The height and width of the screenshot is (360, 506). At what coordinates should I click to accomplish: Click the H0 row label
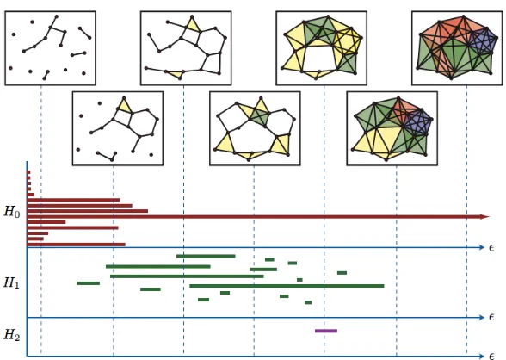[12, 212]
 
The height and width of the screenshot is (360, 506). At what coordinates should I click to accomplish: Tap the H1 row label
[12, 282]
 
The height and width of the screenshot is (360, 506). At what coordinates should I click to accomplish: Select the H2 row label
[12, 336]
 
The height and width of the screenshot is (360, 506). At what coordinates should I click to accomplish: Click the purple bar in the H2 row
[326, 331]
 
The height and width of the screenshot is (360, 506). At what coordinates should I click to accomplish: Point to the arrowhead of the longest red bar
[485, 217]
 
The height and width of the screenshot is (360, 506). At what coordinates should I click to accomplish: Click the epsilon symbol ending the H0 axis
[491, 248]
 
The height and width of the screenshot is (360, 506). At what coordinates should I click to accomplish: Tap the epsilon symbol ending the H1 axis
[491, 318]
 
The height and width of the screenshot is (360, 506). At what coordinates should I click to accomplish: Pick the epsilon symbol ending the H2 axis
[491, 357]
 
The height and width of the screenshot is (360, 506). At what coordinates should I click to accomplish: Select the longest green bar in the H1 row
[287, 286]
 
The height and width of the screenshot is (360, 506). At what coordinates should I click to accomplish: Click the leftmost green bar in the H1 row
[88, 283]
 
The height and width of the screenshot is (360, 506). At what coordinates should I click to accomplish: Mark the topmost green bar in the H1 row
[206, 256]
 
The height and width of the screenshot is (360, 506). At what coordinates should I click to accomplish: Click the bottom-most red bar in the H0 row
[76, 245]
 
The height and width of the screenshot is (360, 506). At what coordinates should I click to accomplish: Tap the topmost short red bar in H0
[28, 172]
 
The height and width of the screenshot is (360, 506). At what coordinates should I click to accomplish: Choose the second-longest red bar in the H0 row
[88, 211]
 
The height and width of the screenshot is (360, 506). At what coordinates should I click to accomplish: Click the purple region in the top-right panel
[484, 41]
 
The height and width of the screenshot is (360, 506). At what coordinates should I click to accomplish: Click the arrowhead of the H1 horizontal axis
[482, 318]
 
